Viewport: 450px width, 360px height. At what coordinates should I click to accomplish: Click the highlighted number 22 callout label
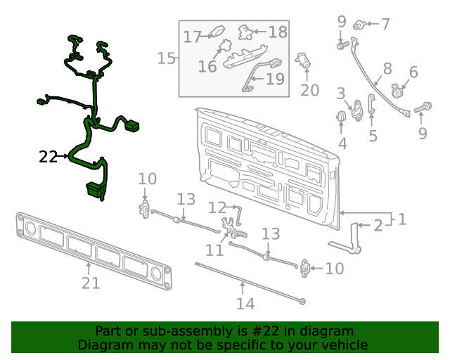point(48,157)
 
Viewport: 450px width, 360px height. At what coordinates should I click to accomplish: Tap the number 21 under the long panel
point(91,283)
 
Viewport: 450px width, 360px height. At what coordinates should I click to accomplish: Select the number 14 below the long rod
point(244,304)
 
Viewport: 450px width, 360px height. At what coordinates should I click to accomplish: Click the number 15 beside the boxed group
point(167,58)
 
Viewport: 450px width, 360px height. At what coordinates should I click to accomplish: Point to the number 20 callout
point(309,90)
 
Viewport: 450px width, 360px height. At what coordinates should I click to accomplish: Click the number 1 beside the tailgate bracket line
point(401,219)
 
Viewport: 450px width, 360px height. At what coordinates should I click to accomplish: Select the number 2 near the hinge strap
point(378,225)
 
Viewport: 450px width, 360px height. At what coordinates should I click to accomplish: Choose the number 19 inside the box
point(275,79)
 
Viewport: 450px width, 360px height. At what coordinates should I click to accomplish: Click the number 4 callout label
point(342,143)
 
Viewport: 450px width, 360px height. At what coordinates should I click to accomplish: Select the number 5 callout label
point(373,135)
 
